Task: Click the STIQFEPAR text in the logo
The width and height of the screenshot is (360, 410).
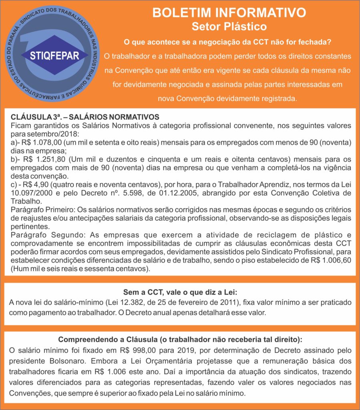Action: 54,55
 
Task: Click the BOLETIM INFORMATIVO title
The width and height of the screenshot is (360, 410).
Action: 229,13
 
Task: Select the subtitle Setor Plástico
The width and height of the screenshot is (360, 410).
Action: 229,27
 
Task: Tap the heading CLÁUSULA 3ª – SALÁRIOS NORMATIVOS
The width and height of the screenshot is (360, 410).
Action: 85,117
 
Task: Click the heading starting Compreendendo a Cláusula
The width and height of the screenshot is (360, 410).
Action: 180,340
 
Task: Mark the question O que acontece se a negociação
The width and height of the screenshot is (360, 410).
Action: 229,42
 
